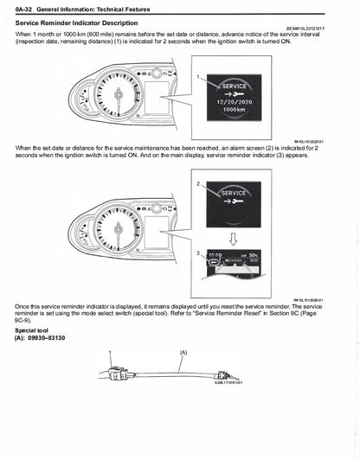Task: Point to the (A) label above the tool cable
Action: (x=183, y=353)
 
